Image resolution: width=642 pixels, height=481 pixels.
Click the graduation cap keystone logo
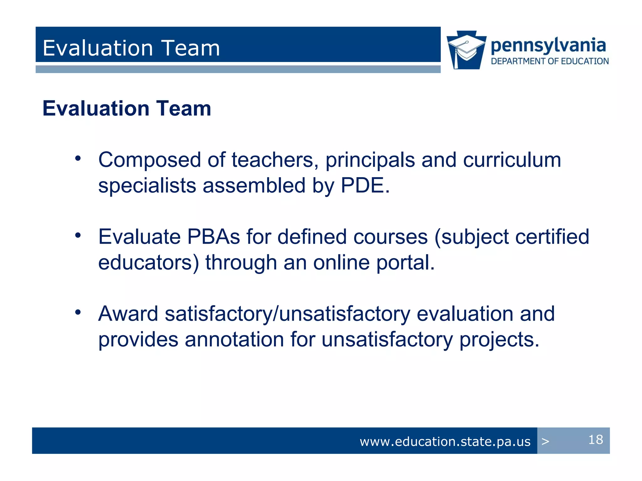click(466, 50)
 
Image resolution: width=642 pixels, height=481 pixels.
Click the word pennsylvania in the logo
click(548, 46)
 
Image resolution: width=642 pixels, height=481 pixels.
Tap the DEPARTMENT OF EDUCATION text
click(550, 61)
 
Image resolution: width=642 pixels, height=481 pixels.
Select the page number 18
click(595, 440)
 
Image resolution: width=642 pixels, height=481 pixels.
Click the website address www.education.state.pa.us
click(445, 442)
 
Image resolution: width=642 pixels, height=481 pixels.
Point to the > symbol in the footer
click(545, 442)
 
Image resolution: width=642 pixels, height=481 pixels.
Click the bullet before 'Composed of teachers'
click(78, 158)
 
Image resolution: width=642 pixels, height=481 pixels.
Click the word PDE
click(365, 185)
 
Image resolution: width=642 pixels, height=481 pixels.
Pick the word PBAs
click(213, 237)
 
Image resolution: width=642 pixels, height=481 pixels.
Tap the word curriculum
click(512, 160)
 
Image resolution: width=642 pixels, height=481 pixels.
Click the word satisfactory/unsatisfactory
click(287, 314)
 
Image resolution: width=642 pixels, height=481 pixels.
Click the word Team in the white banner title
click(191, 48)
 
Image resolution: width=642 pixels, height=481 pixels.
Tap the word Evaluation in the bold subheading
click(96, 108)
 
